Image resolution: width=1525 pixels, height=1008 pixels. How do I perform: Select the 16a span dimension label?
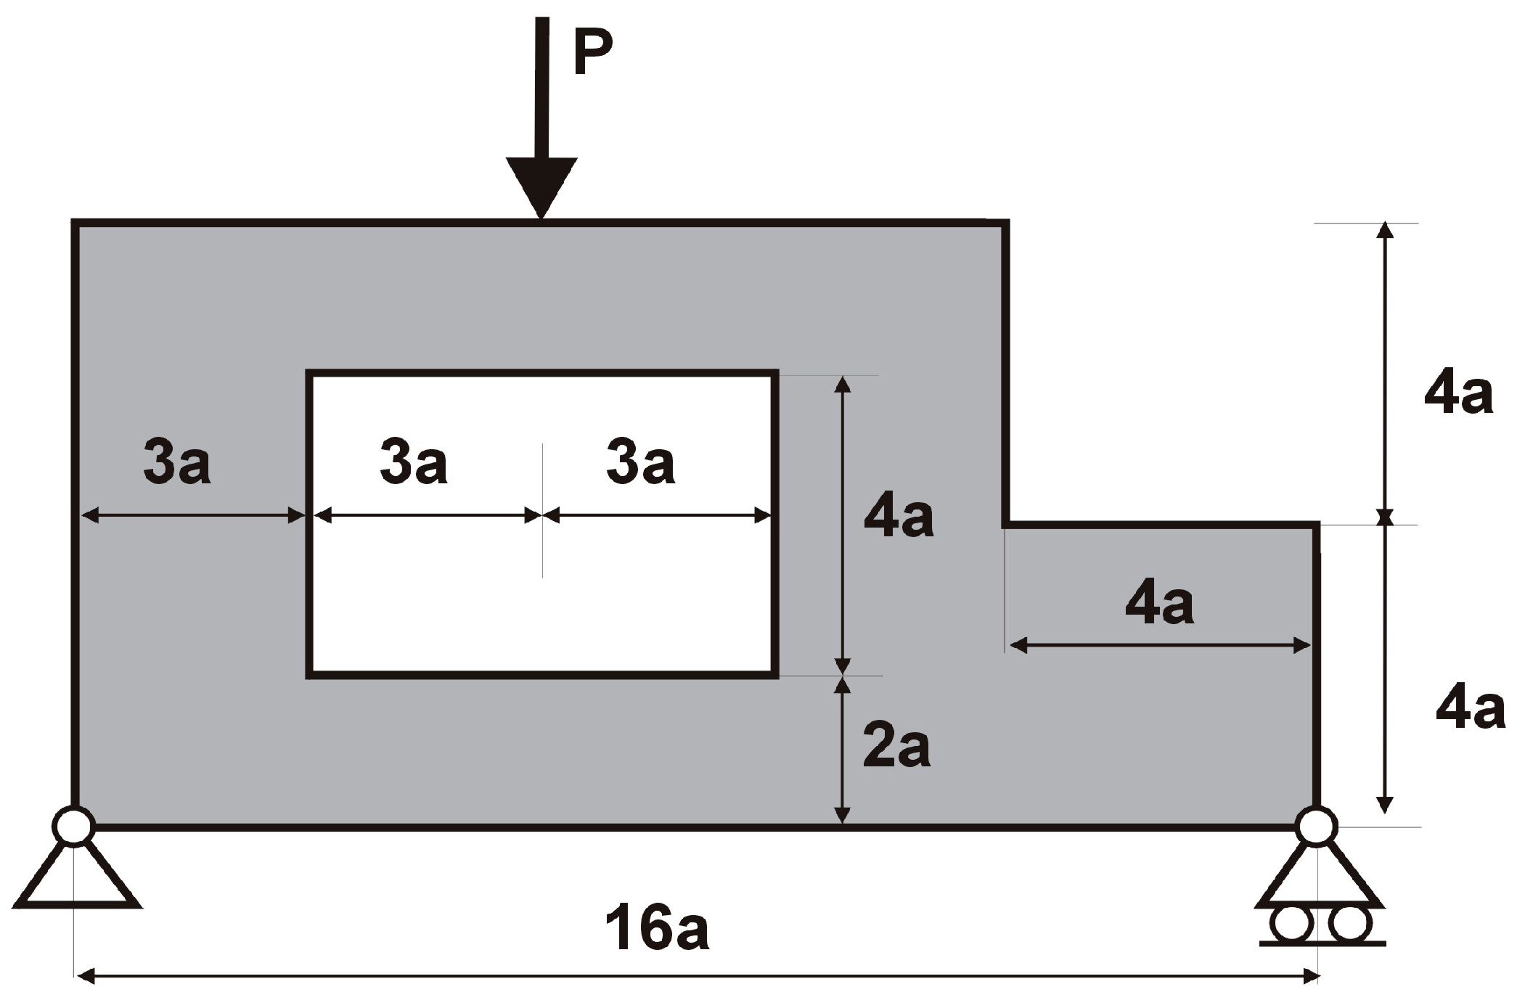pyautogui.click(x=657, y=928)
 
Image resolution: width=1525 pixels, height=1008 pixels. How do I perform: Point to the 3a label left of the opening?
pyautogui.click(x=177, y=462)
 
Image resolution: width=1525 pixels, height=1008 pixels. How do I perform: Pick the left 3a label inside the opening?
pyautogui.click(x=414, y=462)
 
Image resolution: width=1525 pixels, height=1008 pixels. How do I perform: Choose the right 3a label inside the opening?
pyautogui.click(x=640, y=462)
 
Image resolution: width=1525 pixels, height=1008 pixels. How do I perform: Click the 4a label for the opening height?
pyautogui.click(x=899, y=517)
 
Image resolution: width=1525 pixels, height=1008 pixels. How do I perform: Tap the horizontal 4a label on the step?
pyautogui.click(x=1159, y=604)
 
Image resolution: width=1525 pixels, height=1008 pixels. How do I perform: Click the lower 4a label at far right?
pyautogui.click(x=1471, y=708)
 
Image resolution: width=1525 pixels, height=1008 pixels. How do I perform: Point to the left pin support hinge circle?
pyautogui.click(x=73, y=826)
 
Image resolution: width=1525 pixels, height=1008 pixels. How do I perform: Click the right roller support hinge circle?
pyautogui.click(x=1316, y=826)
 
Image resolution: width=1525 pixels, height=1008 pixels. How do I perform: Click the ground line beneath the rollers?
pyautogui.click(x=1321, y=944)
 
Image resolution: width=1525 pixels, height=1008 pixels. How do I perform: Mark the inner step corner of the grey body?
pyautogui.click(x=1006, y=524)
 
